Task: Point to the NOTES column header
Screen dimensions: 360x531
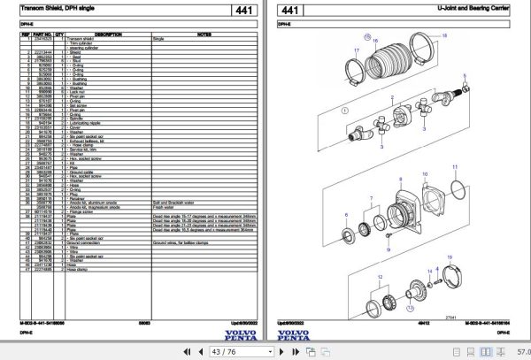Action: (x=203, y=34)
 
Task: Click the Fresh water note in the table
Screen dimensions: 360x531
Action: (x=164, y=207)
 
